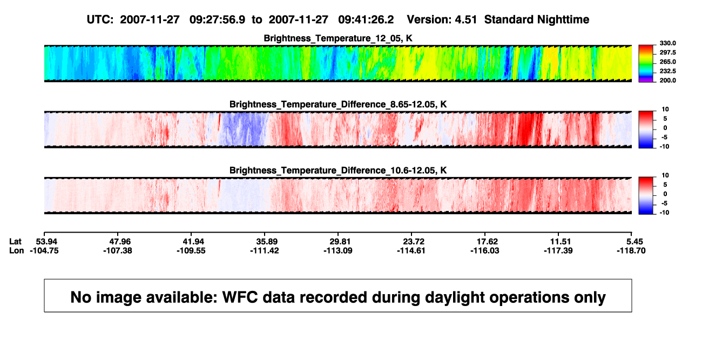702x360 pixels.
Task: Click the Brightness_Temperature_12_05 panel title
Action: pos(338,38)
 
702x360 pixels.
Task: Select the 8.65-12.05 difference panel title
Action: pos(338,104)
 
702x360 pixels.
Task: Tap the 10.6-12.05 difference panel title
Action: pos(338,171)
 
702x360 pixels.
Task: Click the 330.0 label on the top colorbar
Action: pos(667,43)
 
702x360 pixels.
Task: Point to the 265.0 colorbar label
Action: pos(667,62)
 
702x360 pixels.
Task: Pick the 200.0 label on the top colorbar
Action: pos(667,80)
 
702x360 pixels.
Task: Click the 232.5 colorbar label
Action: pos(667,71)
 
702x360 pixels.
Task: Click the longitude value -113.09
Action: pos(338,250)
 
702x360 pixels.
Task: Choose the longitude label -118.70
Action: pos(631,250)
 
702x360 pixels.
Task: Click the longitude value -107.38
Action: pos(118,250)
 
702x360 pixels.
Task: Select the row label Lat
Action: pos(15,242)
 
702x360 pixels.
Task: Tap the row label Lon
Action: pos(17,250)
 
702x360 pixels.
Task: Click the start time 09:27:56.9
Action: pos(217,19)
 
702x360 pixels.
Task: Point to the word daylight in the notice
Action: pos(454,298)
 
